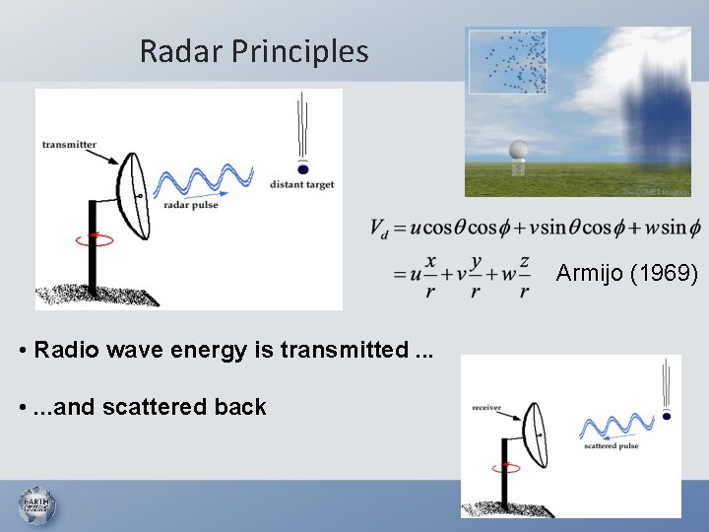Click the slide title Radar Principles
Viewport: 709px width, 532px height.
[x=254, y=51]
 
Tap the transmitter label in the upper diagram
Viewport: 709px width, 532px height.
[x=69, y=145]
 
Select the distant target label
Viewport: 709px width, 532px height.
[x=301, y=184]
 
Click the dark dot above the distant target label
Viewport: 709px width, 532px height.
[x=301, y=168]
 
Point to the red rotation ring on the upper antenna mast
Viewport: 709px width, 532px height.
[x=100, y=237]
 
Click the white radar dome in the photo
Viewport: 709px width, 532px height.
[x=518, y=151]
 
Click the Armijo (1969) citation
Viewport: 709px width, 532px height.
[x=626, y=273]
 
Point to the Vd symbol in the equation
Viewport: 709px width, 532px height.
[x=379, y=229]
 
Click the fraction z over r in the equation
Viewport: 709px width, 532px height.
[x=524, y=275]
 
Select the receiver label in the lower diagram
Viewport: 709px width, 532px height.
[x=487, y=406]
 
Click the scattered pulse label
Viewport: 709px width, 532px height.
[x=611, y=446]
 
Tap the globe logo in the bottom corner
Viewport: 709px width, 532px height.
[x=36, y=506]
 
